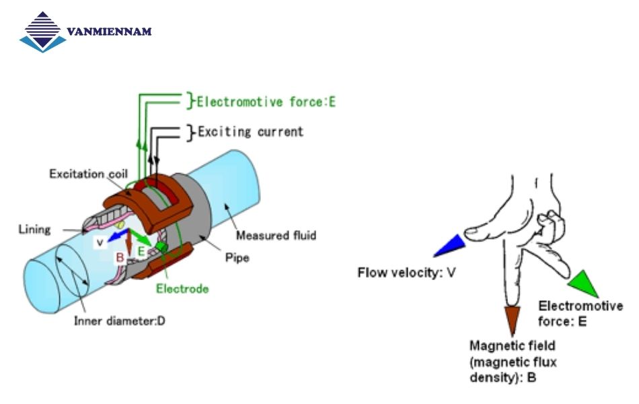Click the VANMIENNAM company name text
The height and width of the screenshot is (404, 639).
(x=110, y=32)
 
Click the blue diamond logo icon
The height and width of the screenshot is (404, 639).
(x=44, y=32)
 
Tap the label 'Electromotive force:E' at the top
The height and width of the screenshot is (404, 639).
(x=266, y=102)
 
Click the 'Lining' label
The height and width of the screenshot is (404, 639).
(x=34, y=229)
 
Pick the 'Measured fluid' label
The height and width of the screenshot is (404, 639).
(x=276, y=236)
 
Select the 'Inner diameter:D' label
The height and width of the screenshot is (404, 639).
(x=120, y=321)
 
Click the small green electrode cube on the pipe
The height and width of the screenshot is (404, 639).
(x=161, y=248)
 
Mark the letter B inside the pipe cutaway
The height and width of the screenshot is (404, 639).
(x=120, y=257)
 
